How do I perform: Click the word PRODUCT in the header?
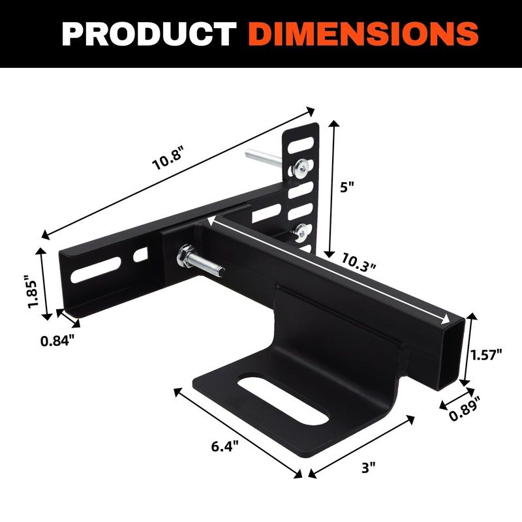(149, 33)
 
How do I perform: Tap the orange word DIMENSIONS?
(363, 33)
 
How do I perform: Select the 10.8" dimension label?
(168, 159)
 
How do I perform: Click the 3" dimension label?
(369, 468)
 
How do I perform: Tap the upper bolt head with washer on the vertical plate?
(301, 169)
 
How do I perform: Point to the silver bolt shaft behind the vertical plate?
(261, 158)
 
